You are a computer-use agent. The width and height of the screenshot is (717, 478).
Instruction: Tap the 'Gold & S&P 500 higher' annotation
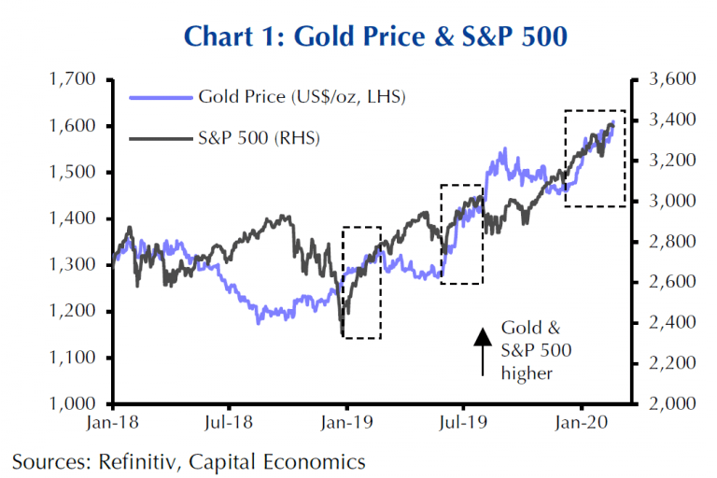click(536, 351)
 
